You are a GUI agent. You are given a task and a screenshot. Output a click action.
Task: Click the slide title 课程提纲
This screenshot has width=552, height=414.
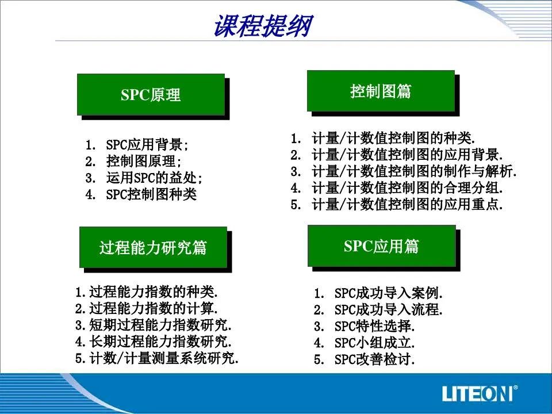pyautogui.click(x=263, y=25)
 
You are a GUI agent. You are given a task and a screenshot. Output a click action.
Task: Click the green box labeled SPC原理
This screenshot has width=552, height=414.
pyautogui.click(x=151, y=94)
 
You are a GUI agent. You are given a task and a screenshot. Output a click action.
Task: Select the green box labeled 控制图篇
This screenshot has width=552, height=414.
pyautogui.click(x=381, y=91)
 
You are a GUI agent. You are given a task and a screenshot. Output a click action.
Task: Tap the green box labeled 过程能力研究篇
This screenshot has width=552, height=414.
pyautogui.click(x=153, y=247)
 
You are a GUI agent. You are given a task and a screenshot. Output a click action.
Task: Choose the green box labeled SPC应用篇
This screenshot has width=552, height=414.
pyautogui.click(x=382, y=246)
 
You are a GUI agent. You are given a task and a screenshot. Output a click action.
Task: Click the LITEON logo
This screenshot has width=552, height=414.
pyautogui.click(x=480, y=393)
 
